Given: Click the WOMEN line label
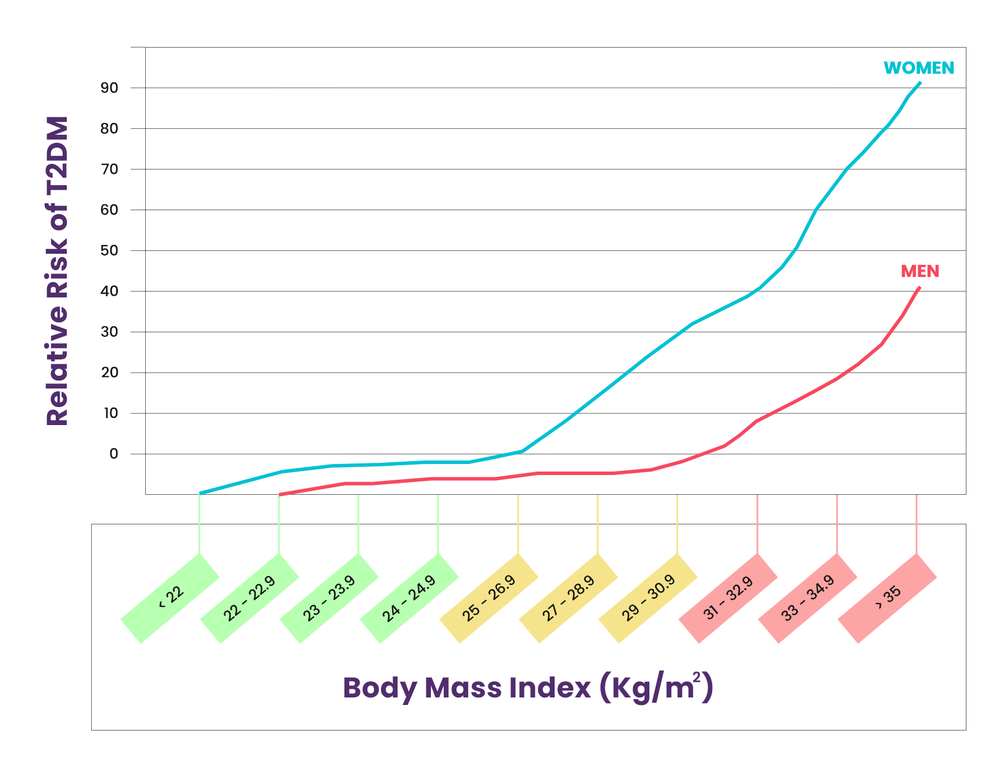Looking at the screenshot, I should coord(918,68).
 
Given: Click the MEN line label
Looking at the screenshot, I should coord(919,271).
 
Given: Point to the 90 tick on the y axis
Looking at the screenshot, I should coord(109,88).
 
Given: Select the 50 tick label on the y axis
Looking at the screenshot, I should coord(109,250).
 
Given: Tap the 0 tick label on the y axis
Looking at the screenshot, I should coord(113,454).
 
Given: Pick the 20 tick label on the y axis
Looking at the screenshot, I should coord(109,372).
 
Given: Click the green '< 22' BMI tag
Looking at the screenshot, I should coord(170,598).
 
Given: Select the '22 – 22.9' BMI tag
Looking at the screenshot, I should coord(250,598).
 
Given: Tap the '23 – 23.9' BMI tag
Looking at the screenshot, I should coord(329,598).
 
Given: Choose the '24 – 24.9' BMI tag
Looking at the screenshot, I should coord(409,598).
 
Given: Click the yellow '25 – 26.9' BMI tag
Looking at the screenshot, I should coord(489,598).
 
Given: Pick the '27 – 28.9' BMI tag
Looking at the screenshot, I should coord(569,598).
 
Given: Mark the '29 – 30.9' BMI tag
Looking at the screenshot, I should coord(648,598).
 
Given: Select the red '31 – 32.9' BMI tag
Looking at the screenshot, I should coord(728,598).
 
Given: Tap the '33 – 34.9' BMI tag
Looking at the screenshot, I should coord(808,598).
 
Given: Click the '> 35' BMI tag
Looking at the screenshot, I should coord(887,598).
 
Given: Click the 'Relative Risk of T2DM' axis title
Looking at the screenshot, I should coord(57,271).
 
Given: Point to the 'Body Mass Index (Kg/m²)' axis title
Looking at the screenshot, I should coord(527,688).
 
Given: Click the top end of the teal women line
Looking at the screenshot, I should coord(920,82).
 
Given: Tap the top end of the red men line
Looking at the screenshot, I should coord(919,287).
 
